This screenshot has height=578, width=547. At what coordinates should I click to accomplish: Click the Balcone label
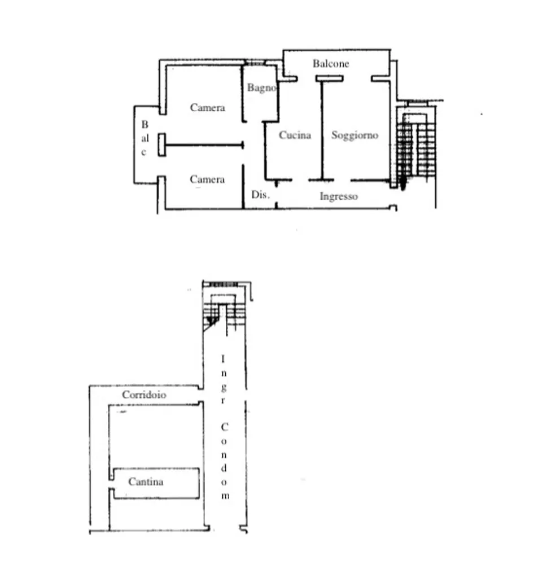point(331,64)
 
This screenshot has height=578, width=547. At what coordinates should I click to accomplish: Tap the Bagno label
point(262,87)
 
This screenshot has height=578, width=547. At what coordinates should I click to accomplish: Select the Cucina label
point(295,135)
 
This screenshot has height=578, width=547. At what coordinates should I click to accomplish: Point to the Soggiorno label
point(355,135)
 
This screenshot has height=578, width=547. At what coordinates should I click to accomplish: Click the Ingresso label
point(339,196)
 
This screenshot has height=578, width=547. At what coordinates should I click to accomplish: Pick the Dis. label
point(260,194)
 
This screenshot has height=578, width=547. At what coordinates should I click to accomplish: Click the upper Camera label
point(208,108)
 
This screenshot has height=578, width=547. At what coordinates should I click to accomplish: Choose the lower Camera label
point(207,179)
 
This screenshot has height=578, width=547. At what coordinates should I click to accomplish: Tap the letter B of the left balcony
point(145,125)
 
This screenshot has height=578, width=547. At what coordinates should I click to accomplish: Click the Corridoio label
point(144,395)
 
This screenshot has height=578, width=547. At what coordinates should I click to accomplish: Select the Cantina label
point(146,482)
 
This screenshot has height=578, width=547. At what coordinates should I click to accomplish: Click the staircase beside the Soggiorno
point(417,147)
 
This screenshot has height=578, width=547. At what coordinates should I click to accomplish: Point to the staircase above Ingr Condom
point(225,310)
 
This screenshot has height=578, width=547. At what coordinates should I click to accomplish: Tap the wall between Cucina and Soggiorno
point(322,129)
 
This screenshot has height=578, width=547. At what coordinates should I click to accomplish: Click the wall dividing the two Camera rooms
point(204,145)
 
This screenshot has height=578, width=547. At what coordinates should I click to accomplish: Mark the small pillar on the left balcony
point(162,145)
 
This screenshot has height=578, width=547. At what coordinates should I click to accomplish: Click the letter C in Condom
point(225,427)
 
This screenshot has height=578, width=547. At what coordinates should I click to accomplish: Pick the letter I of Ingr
point(222,358)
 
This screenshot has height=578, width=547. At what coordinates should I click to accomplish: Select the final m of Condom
point(225,496)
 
